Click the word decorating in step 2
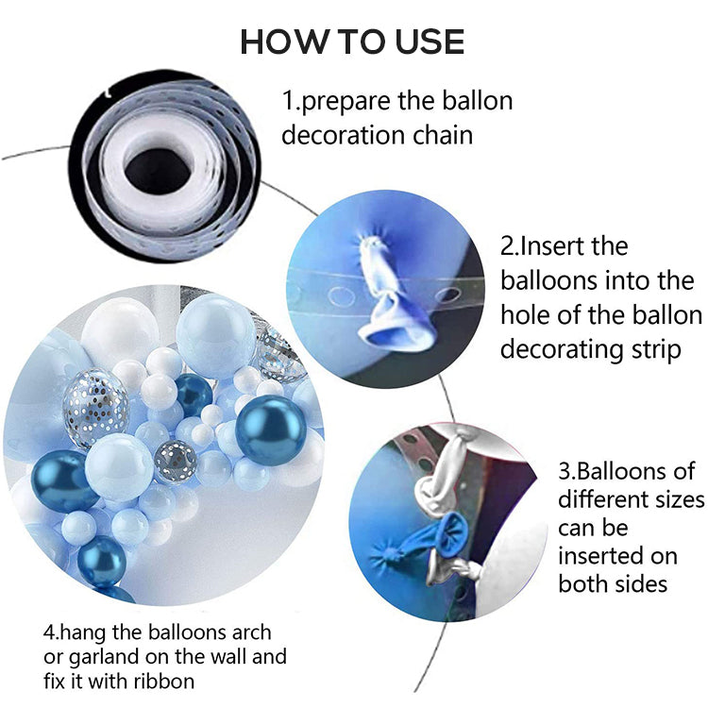(x=568, y=349)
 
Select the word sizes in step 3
(x=674, y=497)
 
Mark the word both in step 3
(x=585, y=582)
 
